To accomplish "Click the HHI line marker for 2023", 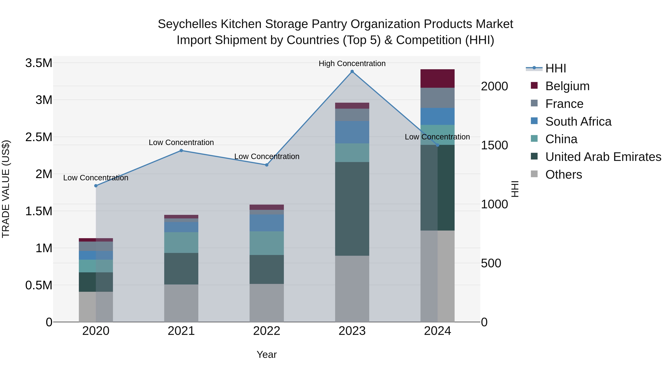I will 352,71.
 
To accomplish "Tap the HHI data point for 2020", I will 96,186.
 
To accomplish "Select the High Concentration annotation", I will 352,63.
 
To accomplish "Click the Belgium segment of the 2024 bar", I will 437,79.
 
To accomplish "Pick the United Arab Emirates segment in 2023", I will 352,209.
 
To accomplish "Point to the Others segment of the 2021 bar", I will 181,303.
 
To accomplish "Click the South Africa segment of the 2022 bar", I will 267,223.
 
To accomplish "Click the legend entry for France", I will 564,104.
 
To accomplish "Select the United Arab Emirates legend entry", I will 603,157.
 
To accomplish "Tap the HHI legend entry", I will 555,68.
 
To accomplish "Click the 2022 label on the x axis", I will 267,331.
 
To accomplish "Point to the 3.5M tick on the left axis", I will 39,63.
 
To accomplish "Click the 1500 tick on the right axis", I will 494,145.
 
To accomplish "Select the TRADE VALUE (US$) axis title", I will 6,189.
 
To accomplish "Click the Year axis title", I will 267,354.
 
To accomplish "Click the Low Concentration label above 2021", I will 181,142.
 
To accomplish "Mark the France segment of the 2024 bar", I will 437,98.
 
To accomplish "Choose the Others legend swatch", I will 534,174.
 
